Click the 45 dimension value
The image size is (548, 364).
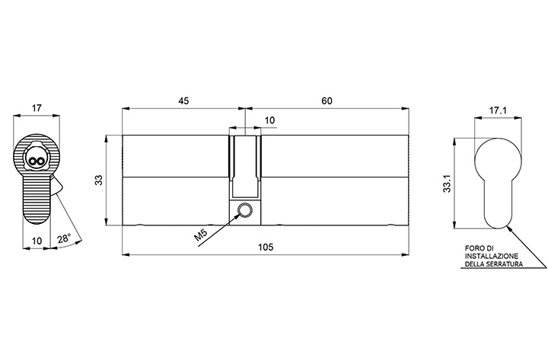click(x=183, y=101)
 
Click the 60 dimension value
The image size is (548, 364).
click(x=327, y=101)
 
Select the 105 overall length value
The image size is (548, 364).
click(x=266, y=247)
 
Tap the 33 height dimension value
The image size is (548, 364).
click(x=99, y=180)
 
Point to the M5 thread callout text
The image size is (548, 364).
click(x=201, y=235)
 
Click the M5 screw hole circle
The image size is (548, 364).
click(x=244, y=210)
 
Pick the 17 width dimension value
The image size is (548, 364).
click(x=37, y=108)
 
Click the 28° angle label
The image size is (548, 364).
click(x=64, y=238)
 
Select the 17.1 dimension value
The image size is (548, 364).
click(x=498, y=111)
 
